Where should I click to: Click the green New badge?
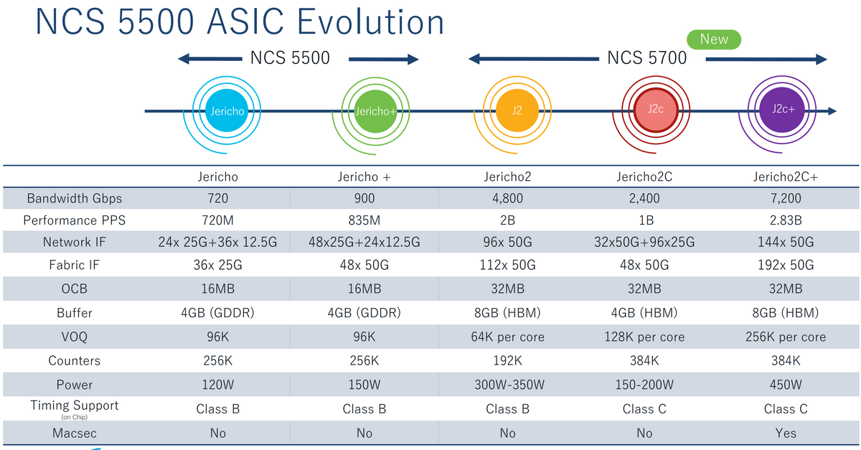point(714,39)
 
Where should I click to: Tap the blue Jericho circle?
point(226,111)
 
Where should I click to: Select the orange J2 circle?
point(517,111)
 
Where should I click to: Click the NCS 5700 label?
point(647,58)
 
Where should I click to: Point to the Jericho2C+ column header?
point(786,177)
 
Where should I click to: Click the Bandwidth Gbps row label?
point(75,198)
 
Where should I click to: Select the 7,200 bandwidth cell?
point(786,198)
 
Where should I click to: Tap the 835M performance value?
point(364,220)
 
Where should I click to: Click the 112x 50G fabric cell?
point(507,266)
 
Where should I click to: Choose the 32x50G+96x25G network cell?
point(644,243)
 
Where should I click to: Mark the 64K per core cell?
point(507,337)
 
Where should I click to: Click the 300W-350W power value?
point(507,385)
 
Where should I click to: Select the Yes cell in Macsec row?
point(786,433)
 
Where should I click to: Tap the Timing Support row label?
point(75,406)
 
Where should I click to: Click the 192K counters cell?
point(507,361)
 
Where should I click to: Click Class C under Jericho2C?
point(644,409)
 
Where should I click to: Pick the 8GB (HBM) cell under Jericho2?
point(507,313)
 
